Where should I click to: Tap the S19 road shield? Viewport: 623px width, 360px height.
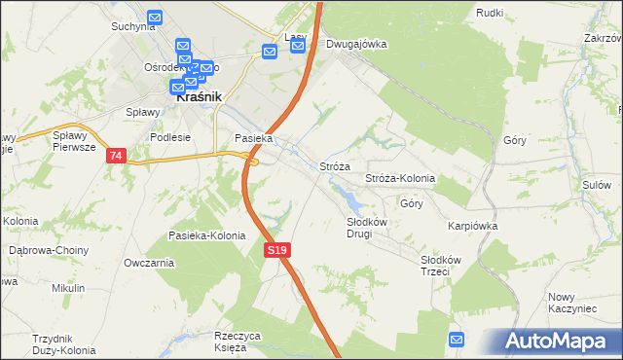click(277, 251)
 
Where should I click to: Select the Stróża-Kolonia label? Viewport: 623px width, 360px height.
click(399, 179)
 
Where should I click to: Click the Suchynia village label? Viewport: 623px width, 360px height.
click(133, 26)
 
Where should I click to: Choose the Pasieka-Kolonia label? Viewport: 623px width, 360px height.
click(207, 235)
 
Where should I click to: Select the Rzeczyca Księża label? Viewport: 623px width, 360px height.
click(238, 341)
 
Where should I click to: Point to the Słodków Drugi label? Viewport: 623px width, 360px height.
click(368, 228)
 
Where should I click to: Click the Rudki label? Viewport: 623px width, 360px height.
click(490, 12)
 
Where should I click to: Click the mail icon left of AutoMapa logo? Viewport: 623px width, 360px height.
click(458, 339)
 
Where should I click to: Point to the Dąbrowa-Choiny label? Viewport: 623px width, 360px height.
click(49, 250)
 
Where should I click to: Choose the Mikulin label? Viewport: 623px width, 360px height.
click(68, 288)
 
